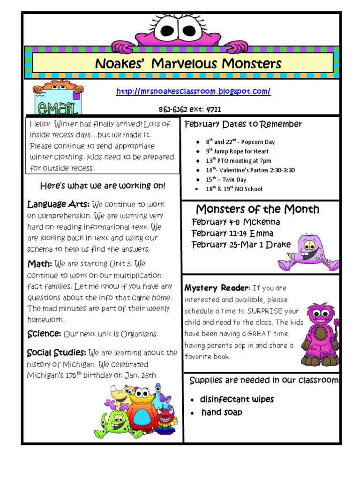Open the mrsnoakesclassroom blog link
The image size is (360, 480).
193,92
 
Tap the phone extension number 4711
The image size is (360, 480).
213,110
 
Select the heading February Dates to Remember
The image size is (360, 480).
243,124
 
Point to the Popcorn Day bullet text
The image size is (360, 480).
252,142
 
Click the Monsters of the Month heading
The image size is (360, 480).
257,209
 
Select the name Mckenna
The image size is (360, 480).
262,222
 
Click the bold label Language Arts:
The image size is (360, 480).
59,205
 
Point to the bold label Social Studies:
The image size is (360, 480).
56,352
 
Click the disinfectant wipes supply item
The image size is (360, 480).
237,399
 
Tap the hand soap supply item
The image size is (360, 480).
222,412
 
